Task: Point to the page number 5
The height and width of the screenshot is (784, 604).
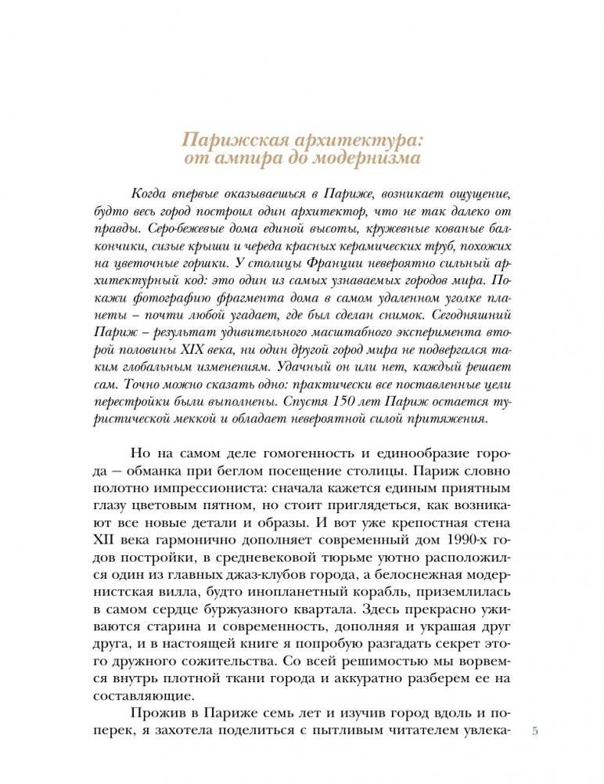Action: coord(534,732)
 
